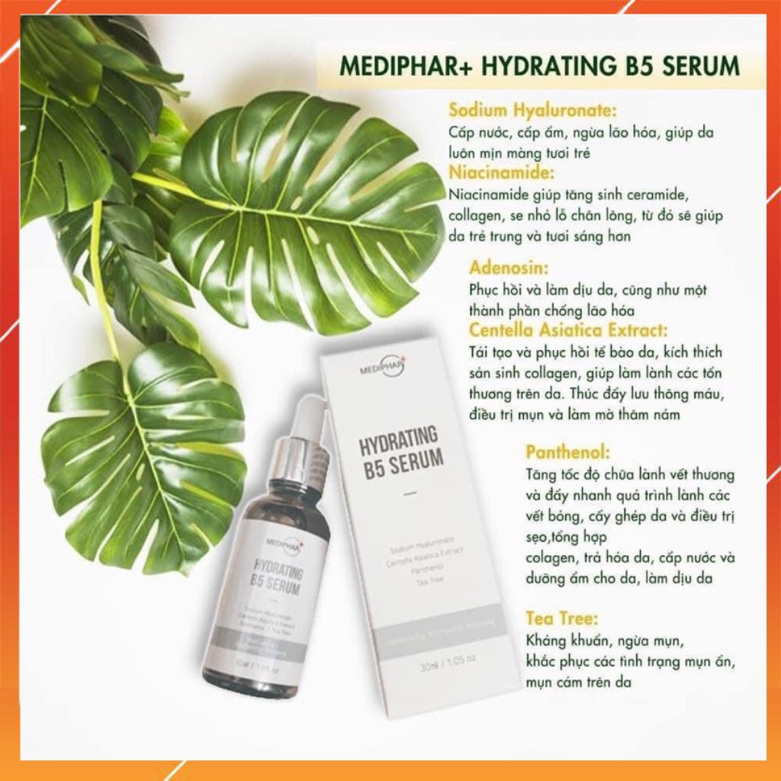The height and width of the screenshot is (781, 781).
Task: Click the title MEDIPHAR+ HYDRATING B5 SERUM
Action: click(540, 65)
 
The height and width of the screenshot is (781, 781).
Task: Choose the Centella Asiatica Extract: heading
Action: click(568, 331)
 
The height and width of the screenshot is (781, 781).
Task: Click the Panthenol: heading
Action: click(568, 452)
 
